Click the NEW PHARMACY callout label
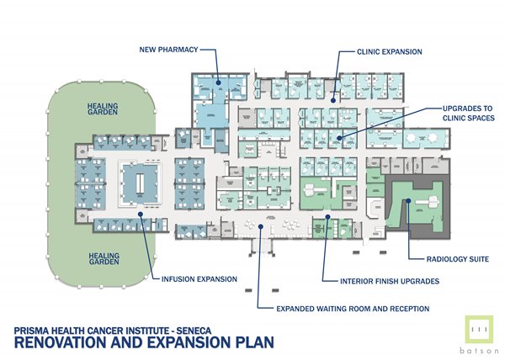[x=168, y=50]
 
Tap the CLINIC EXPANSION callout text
[x=390, y=51]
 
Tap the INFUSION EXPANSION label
[x=200, y=277]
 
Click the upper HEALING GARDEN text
[x=105, y=112]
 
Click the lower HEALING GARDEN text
[x=105, y=255]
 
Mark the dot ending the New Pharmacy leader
[x=217, y=82]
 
